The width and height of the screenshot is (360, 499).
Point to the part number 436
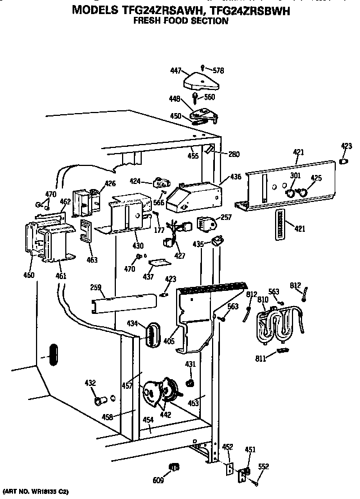click(236, 177)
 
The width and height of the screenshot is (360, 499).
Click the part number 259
click(96, 287)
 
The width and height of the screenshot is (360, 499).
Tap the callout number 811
click(260, 358)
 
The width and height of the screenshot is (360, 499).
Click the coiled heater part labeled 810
click(278, 325)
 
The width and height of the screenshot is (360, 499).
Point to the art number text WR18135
click(45, 491)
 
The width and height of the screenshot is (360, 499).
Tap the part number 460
click(28, 275)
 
